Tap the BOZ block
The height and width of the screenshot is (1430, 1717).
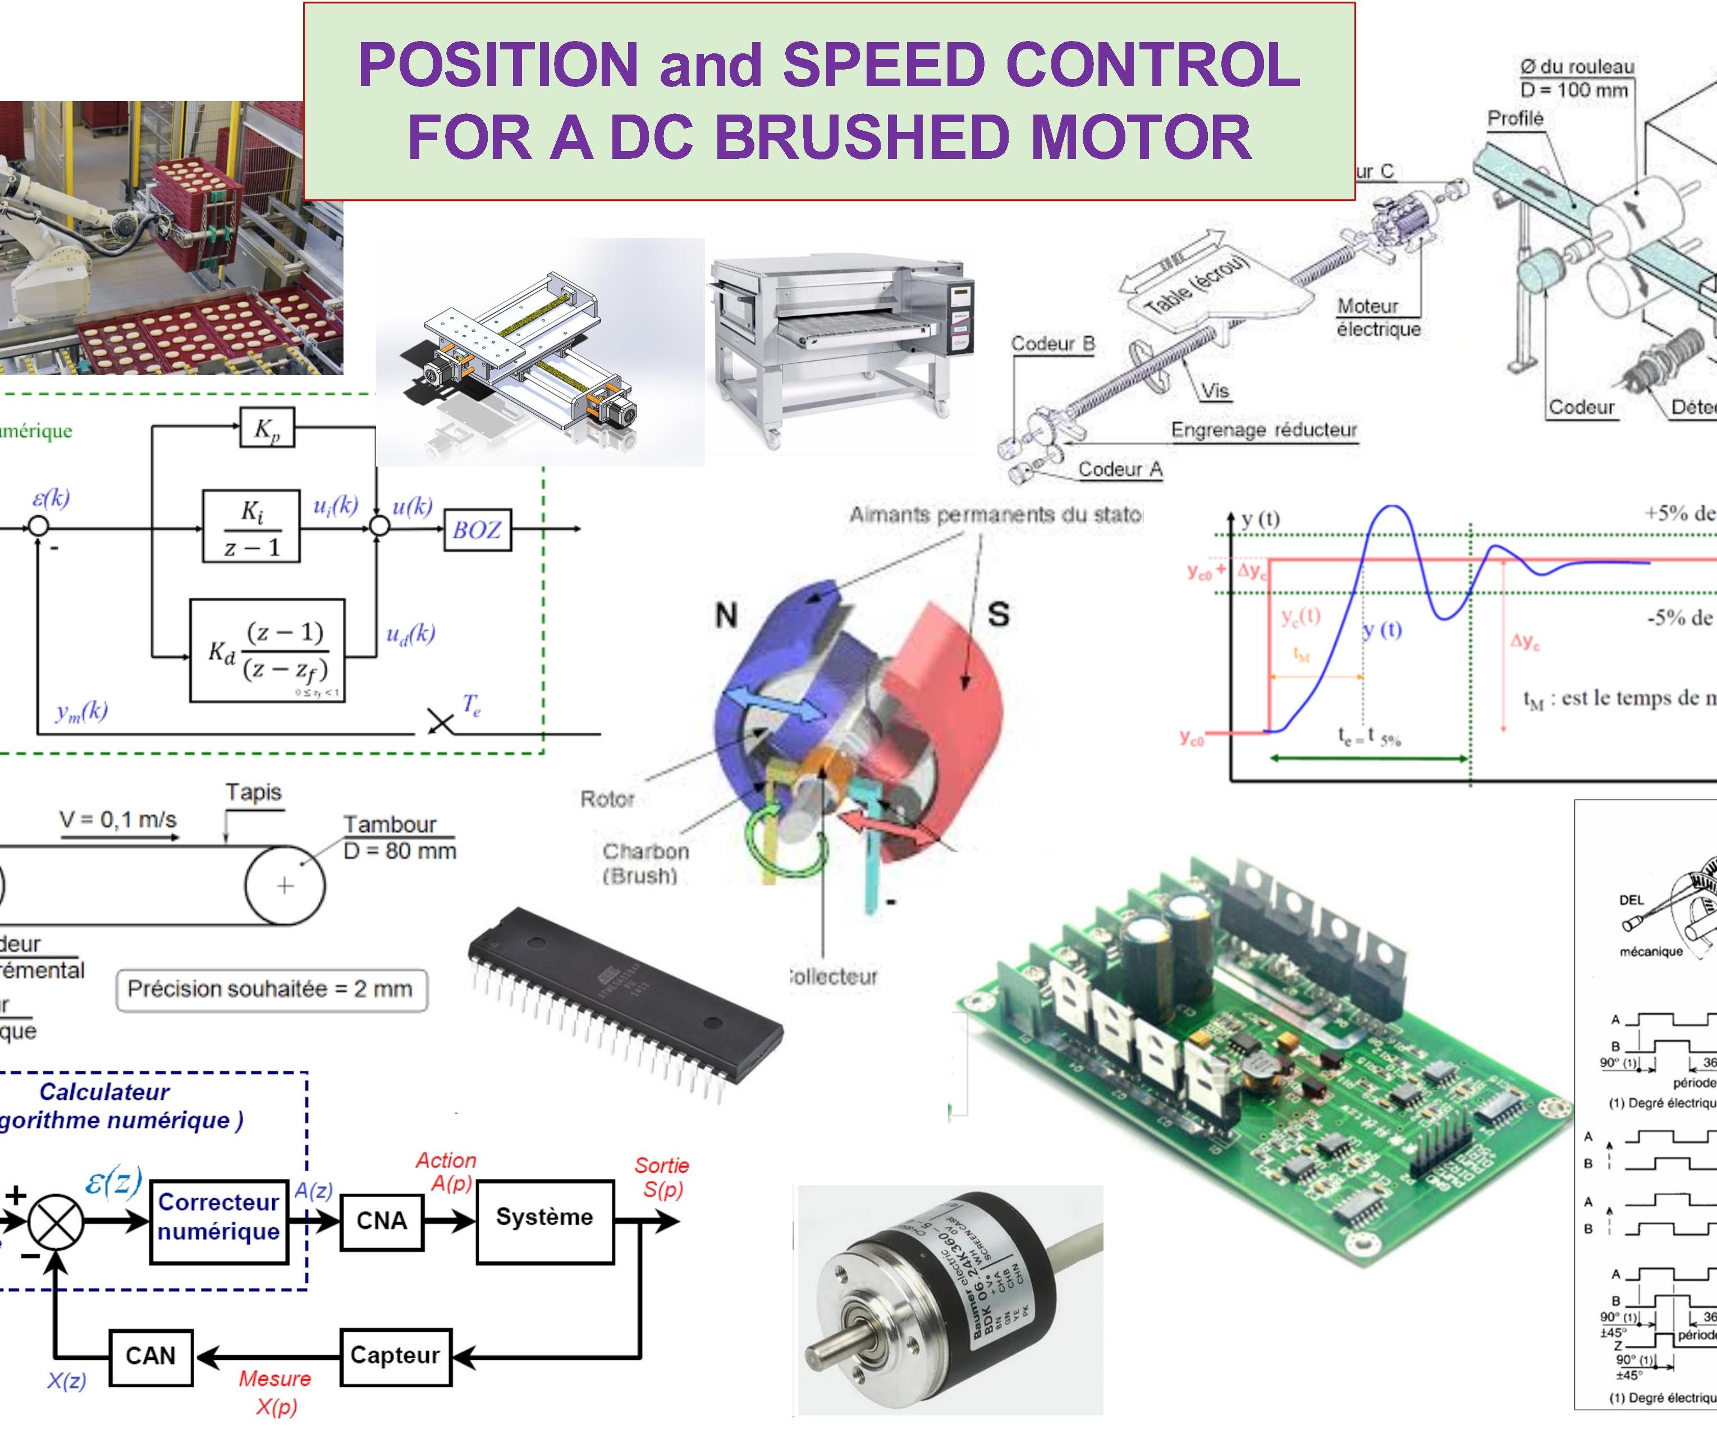pos(477,530)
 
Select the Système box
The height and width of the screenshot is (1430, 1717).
pos(544,1218)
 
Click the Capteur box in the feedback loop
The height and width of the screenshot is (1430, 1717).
pos(395,1355)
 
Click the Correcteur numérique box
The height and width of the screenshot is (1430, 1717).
pos(219,1218)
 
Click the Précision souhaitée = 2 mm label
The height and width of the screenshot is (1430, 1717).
pos(271,989)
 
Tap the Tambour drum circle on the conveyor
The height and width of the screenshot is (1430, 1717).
pos(285,885)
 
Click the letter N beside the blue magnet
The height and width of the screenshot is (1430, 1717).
pos(726,614)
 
